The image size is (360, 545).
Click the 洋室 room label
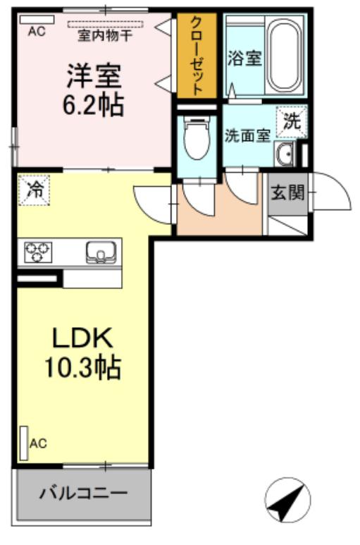(94, 74)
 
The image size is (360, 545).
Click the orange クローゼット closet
(197, 56)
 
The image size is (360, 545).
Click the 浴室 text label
(244, 59)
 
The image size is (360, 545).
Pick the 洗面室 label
(247, 135)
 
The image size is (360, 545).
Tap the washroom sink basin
(285, 153)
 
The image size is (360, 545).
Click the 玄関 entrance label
(287, 191)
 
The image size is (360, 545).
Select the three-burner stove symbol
(39, 252)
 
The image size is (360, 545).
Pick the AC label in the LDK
(38, 443)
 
